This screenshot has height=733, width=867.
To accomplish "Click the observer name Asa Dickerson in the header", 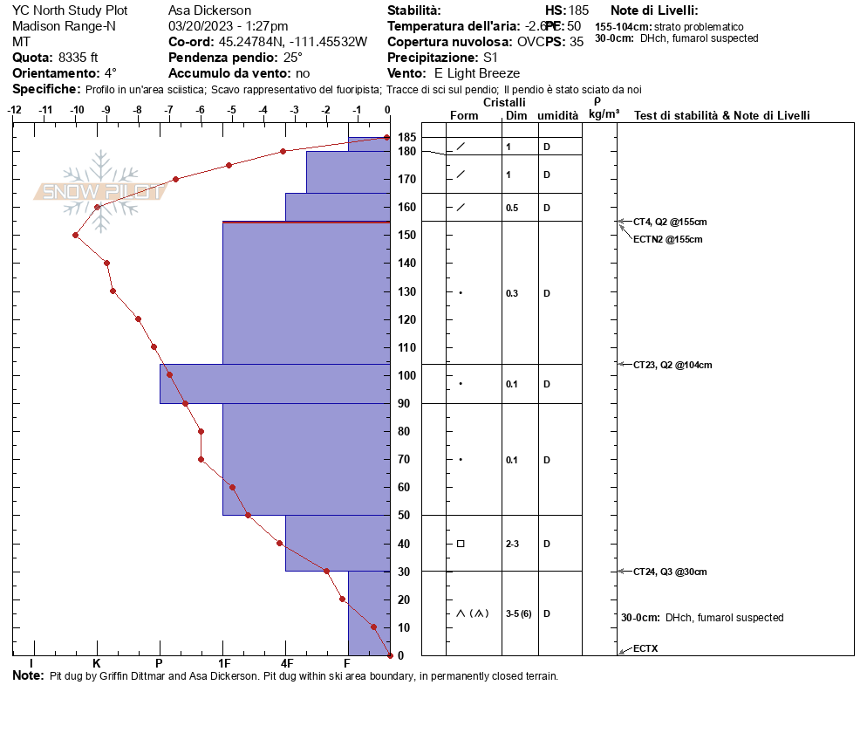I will click(x=209, y=10).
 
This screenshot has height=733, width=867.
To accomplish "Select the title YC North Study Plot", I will click(x=69, y=10).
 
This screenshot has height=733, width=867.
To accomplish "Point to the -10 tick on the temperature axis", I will click(x=78, y=110).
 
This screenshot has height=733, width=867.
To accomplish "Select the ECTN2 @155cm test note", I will click(x=667, y=239).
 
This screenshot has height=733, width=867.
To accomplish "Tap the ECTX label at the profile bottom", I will click(x=645, y=649).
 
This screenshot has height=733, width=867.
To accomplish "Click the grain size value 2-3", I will click(x=513, y=544).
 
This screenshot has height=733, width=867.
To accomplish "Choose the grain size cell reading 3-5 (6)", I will click(x=518, y=613).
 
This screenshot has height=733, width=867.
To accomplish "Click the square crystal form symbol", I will click(x=461, y=544).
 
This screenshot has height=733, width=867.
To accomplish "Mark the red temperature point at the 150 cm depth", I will click(x=76, y=235).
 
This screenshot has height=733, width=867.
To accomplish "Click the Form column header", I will click(x=463, y=115).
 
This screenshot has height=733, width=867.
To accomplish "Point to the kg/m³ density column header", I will click(x=604, y=114).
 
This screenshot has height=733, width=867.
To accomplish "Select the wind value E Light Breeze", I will click(x=476, y=73).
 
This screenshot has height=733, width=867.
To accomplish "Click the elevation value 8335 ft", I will click(x=78, y=58).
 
